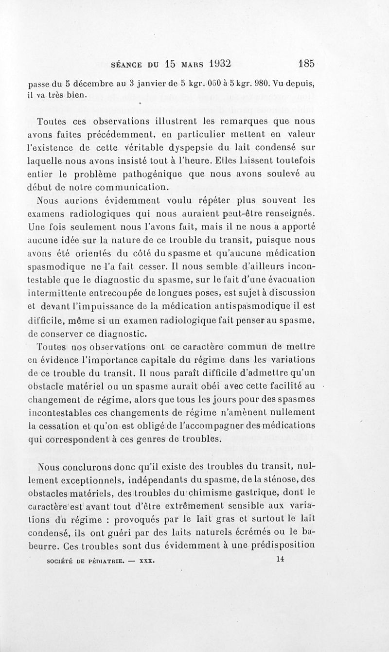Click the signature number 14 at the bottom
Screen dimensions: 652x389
pos(279,559)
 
